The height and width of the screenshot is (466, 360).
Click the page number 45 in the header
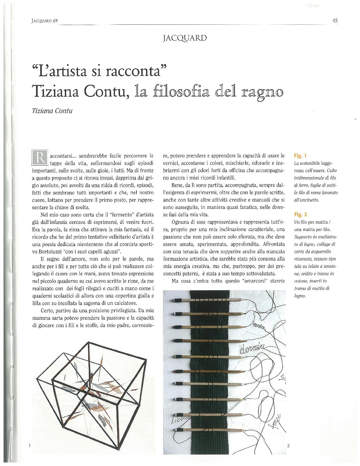click(x=334, y=21)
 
